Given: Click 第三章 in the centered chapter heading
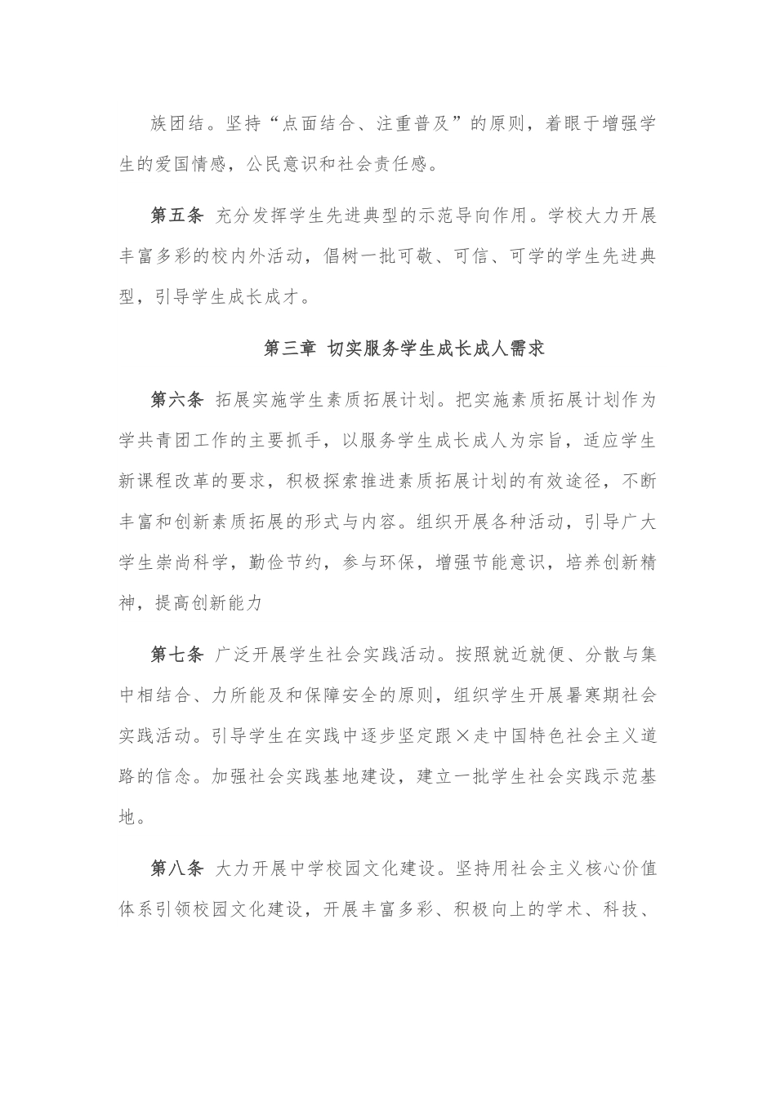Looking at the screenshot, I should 291,349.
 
